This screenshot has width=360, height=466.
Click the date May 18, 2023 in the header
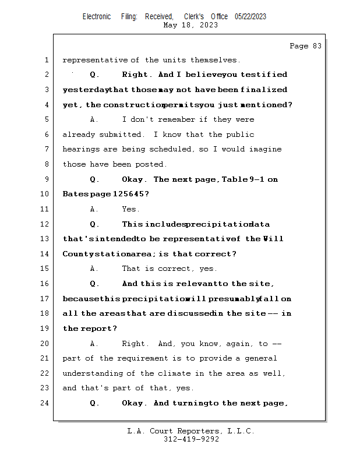tap(191, 25)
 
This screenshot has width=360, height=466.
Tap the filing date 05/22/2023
tap(250, 16)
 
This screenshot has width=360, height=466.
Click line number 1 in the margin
tap(47, 60)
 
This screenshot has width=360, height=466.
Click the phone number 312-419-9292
tap(191, 439)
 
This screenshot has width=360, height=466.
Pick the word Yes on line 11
tap(130, 209)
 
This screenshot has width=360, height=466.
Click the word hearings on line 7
tap(80, 150)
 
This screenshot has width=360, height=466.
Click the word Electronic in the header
tap(97, 16)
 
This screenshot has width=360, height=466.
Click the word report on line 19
tap(96, 329)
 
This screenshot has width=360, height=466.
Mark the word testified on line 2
tap(264, 75)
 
